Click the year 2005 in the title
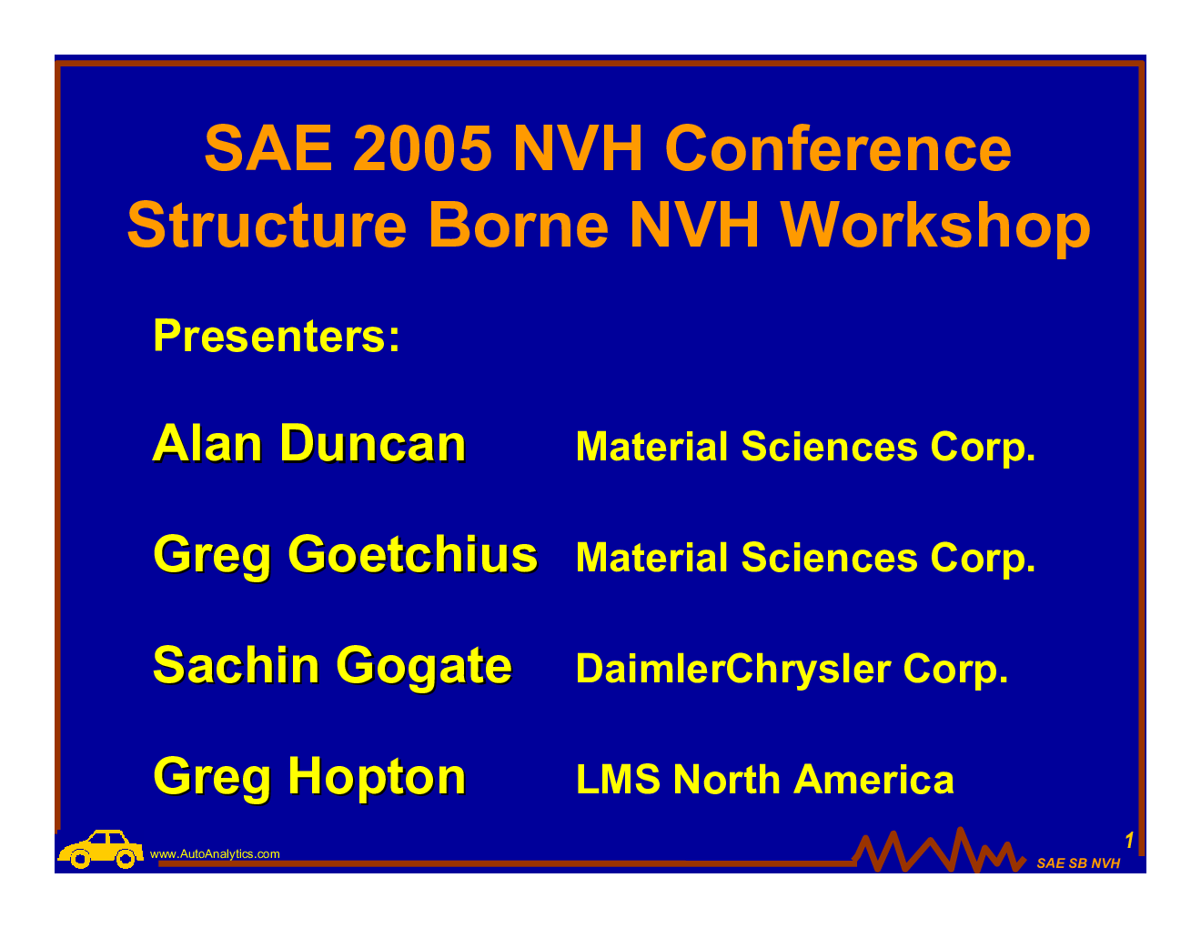[x=421, y=148]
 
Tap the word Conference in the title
[x=838, y=148]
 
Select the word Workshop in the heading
[x=935, y=226]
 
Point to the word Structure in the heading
[x=267, y=226]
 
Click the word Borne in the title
[x=519, y=226]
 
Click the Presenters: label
[x=277, y=336]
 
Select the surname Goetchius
[x=412, y=555]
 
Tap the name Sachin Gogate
[x=332, y=667]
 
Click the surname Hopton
[x=377, y=778]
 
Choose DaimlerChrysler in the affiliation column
[x=732, y=670]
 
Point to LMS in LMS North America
[x=618, y=779]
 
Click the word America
[x=873, y=779]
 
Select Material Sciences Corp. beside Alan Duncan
[x=805, y=448]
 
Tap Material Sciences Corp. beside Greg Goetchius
[x=805, y=559]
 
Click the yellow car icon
[x=100, y=849]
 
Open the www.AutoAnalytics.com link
[x=215, y=854]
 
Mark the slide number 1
[x=1129, y=841]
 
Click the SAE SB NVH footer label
[x=1078, y=863]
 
